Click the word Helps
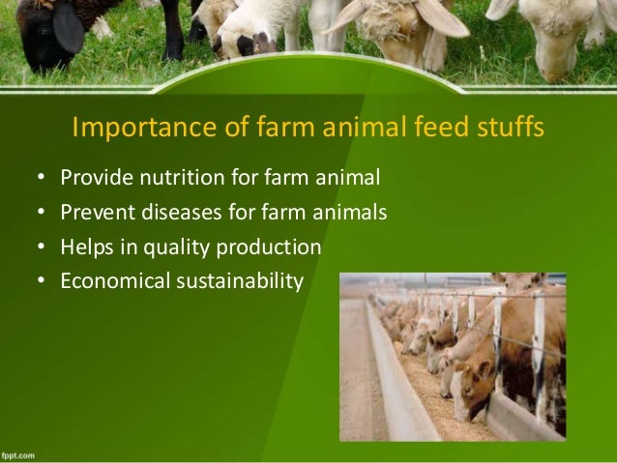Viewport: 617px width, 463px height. coord(86,247)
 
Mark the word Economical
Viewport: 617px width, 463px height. coord(112,282)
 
